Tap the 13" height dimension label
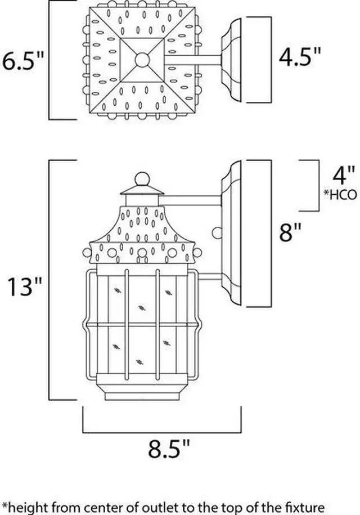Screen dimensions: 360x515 25,286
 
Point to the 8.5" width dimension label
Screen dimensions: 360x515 169,449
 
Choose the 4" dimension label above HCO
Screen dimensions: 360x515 344,176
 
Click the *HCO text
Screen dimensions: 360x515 340,195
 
